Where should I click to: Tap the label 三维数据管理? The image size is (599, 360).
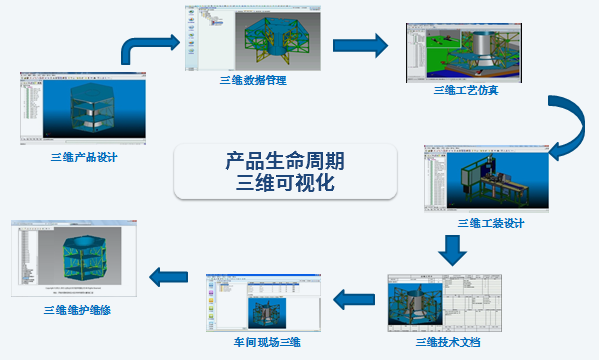point(252,79)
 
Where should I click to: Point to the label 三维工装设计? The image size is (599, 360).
point(490,222)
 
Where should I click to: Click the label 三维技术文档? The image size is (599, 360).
point(447,342)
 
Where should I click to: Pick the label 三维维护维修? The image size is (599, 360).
point(78,310)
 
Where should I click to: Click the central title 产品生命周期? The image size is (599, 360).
point(284,161)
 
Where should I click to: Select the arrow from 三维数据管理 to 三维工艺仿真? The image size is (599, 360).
point(359,44)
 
